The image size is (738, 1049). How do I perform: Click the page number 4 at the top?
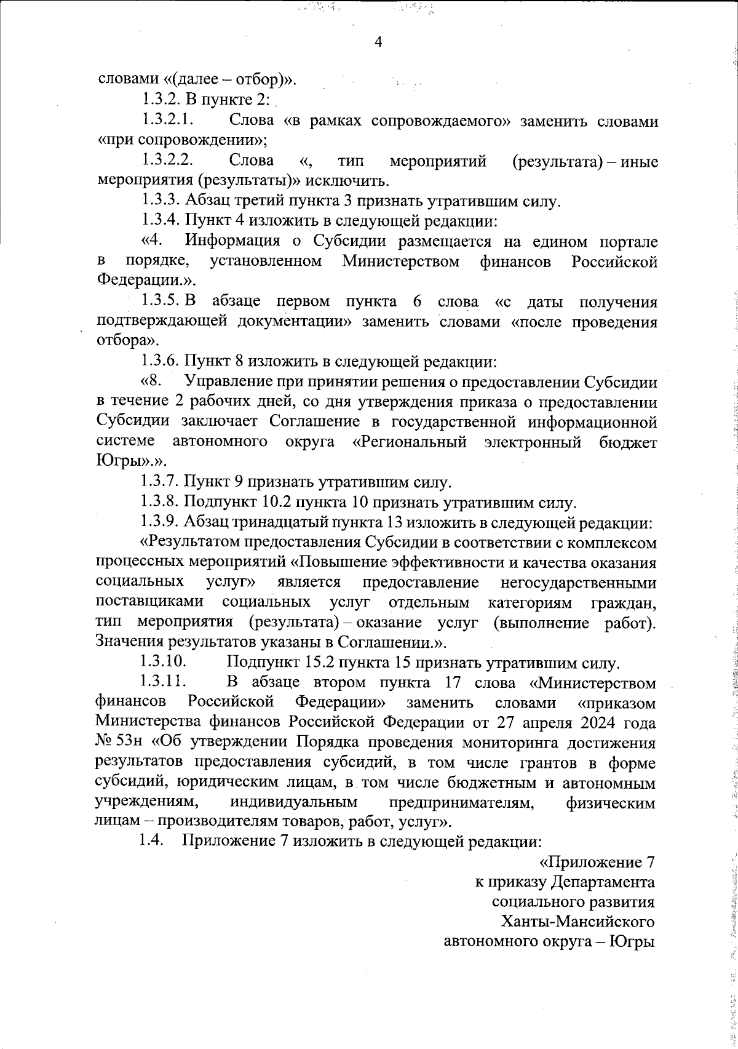(x=378, y=42)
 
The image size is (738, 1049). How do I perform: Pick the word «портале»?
(x=626, y=241)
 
